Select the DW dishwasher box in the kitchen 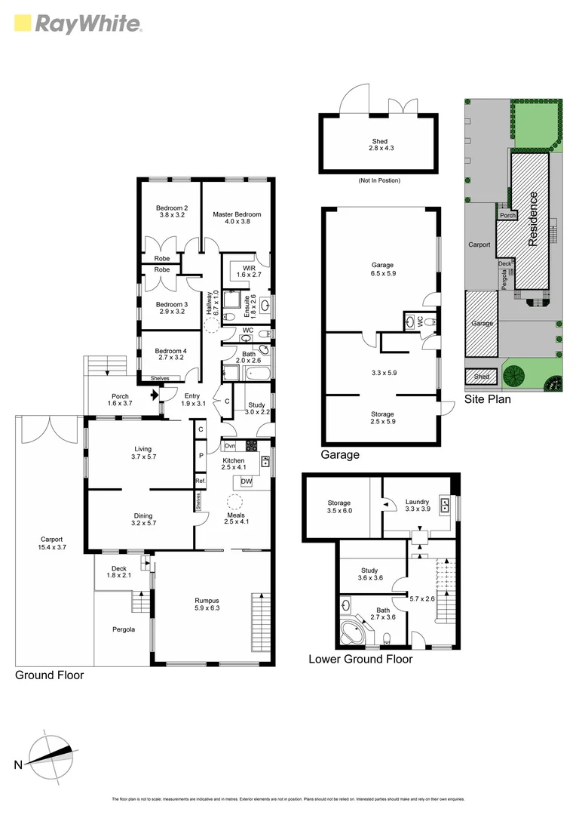pos(247,481)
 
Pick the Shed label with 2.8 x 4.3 pos(379,145)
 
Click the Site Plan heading pos(487,399)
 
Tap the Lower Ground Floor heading pos(360,659)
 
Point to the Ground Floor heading pos(50,675)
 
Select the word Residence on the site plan pos(534,219)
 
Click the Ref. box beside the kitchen pos(200,481)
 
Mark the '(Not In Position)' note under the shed pos(379,181)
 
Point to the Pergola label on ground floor pos(122,629)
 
